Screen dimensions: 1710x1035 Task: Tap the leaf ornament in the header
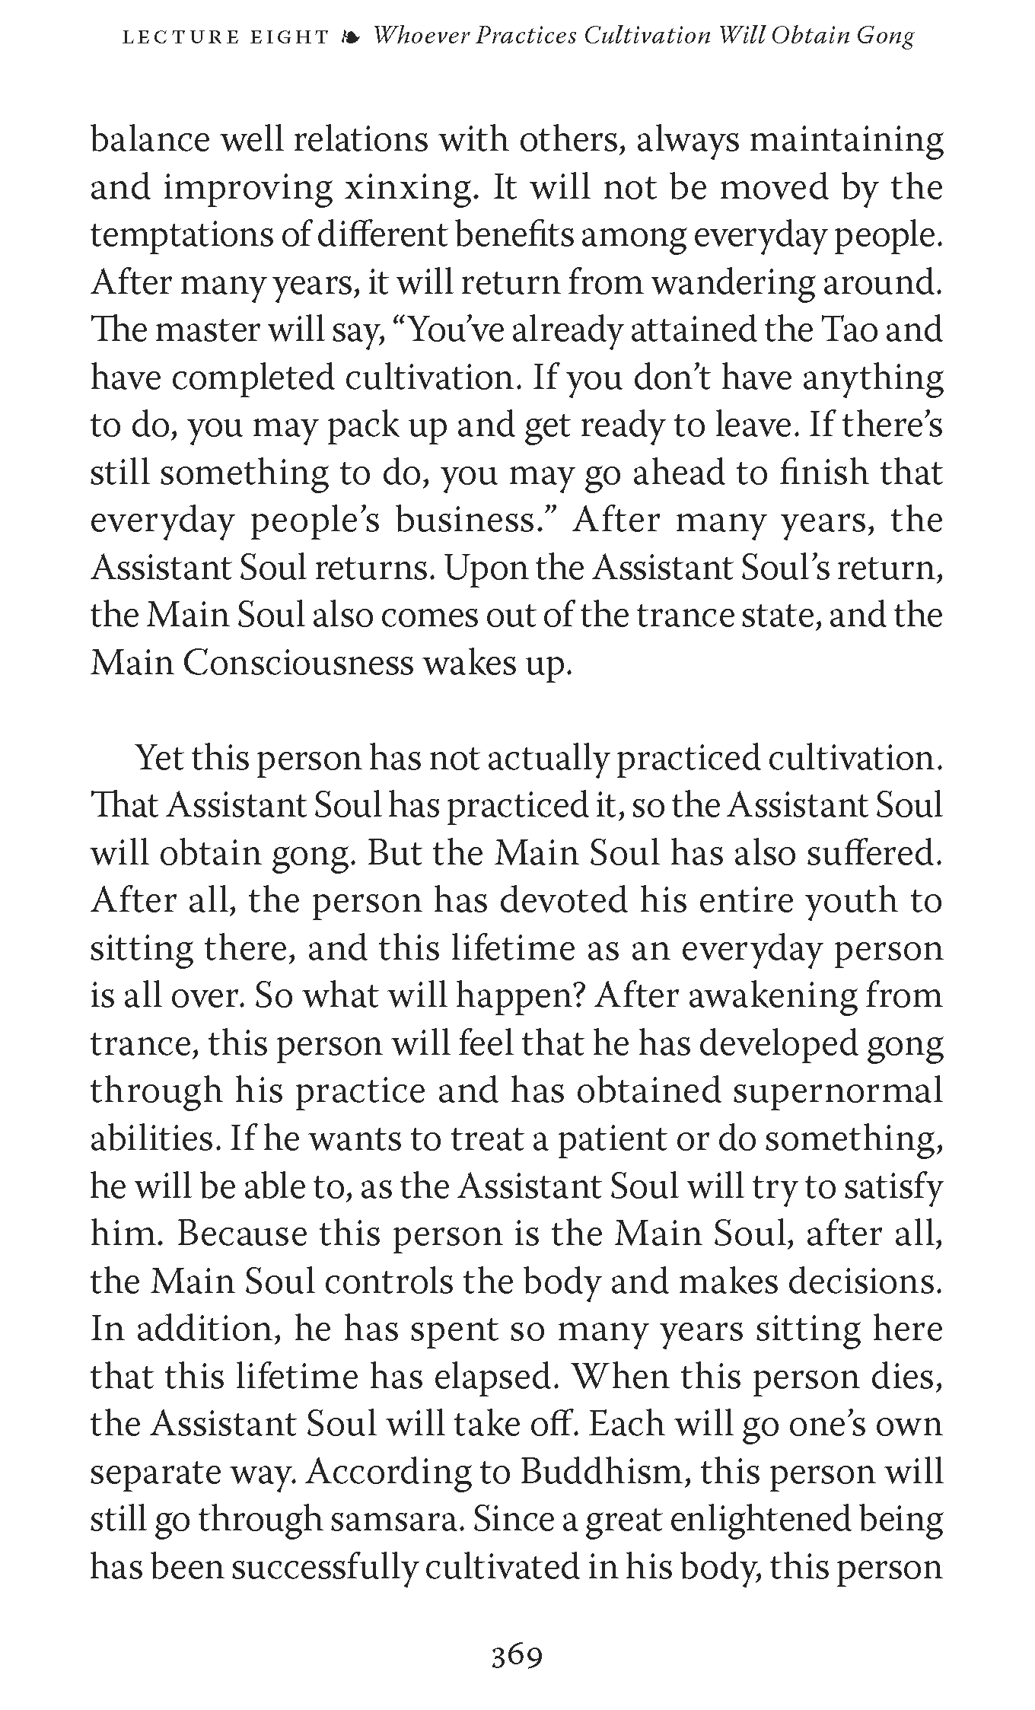[350, 37]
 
